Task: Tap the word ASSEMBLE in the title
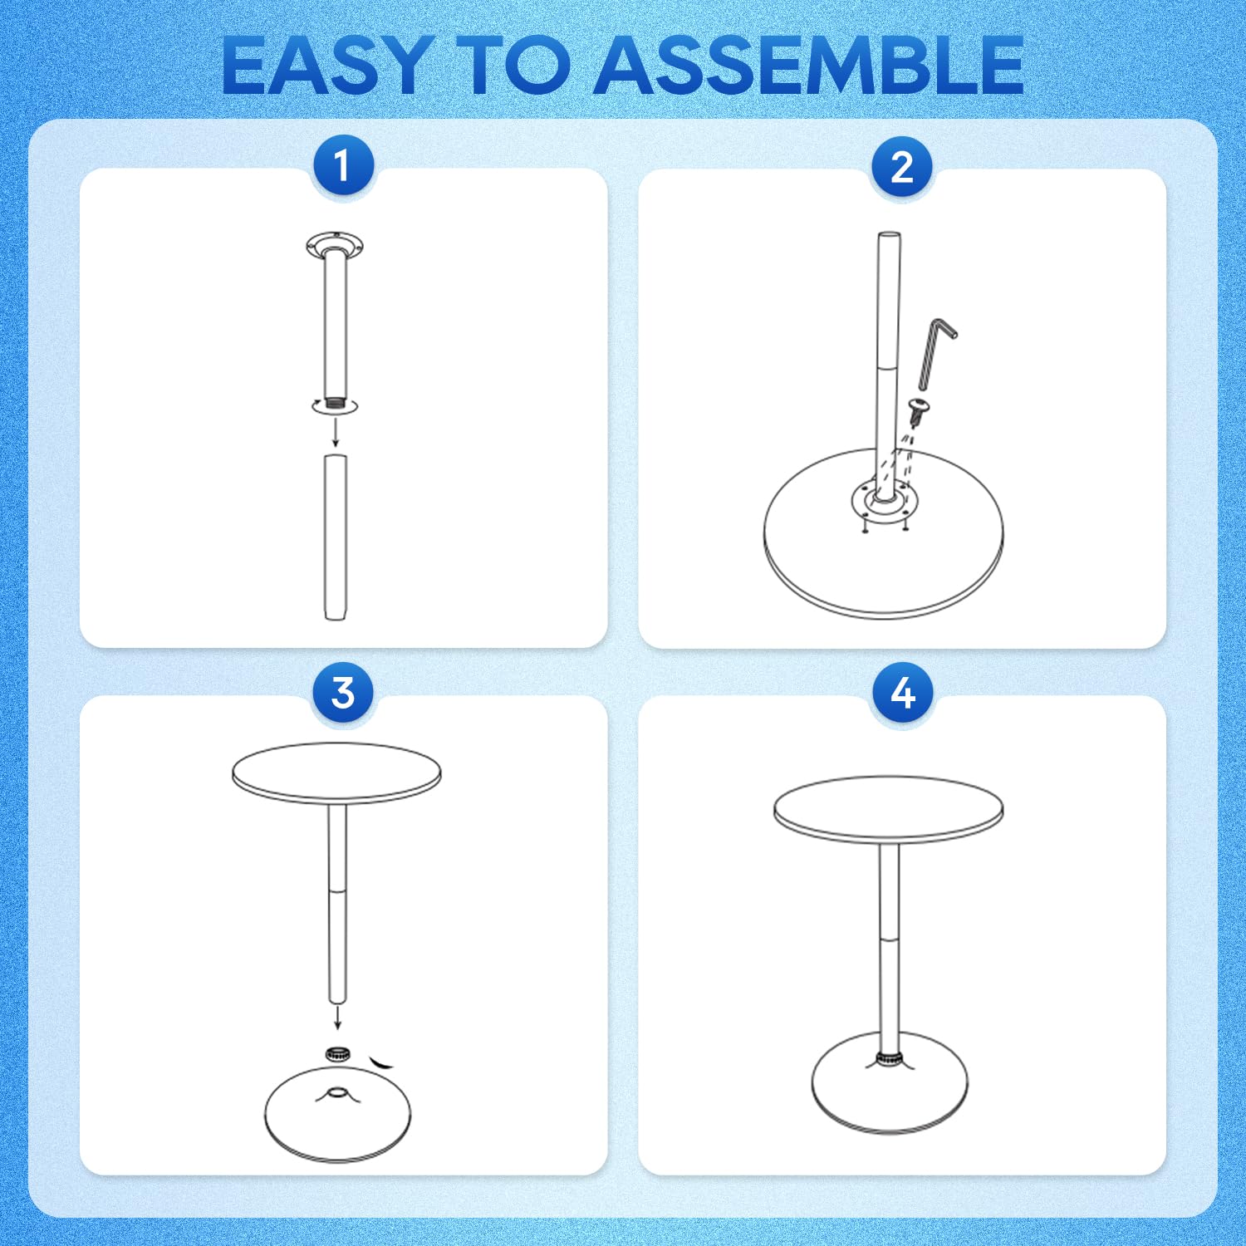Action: [x=808, y=65]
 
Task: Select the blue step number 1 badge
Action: [x=343, y=166]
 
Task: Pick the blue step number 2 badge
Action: [x=902, y=167]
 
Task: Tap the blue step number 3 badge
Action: [x=343, y=692]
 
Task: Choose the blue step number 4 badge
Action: [x=902, y=693]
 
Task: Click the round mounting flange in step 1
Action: [x=335, y=246]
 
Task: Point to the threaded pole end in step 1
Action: [x=336, y=404]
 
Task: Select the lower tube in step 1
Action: [x=336, y=537]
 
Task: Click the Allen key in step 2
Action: [x=936, y=352]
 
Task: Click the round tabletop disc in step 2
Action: [x=883, y=534]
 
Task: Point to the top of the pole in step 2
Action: [x=889, y=236]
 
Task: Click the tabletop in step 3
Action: [x=336, y=773]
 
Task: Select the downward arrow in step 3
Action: [x=337, y=1017]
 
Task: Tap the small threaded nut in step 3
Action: [x=337, y=1054]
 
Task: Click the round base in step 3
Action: [x=337, y=1114]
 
